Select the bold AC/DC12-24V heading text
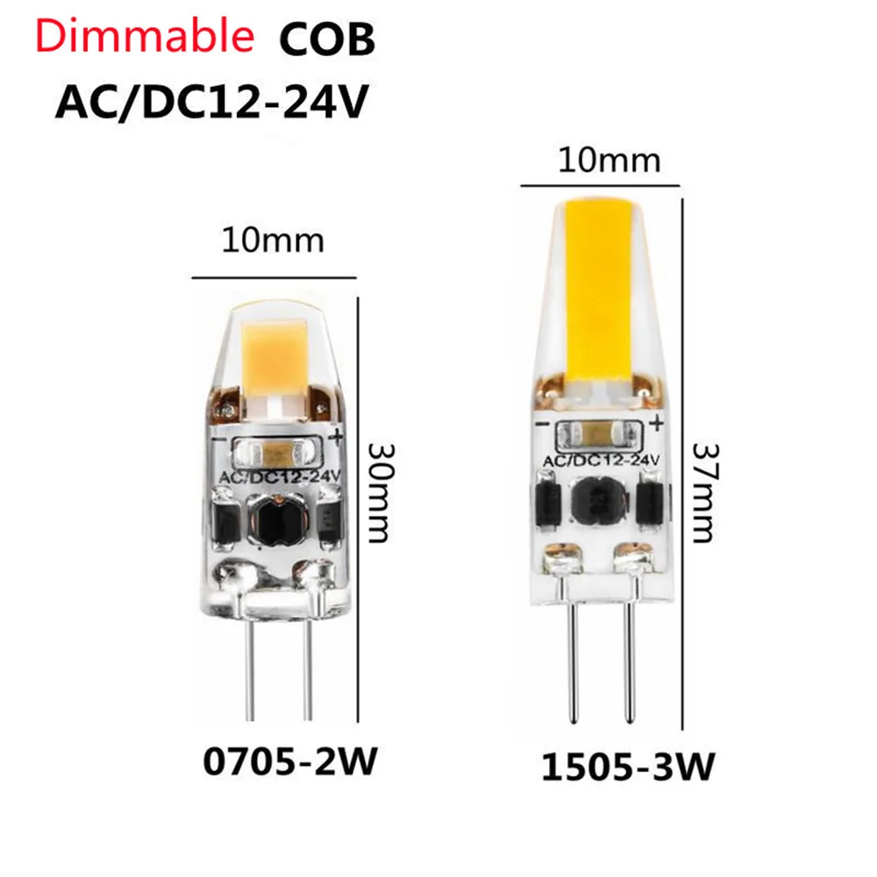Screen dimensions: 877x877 click(x=210, y=103)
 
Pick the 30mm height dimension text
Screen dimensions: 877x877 click(x=378, y=490)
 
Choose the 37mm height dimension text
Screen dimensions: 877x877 click(x=707, y=491)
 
